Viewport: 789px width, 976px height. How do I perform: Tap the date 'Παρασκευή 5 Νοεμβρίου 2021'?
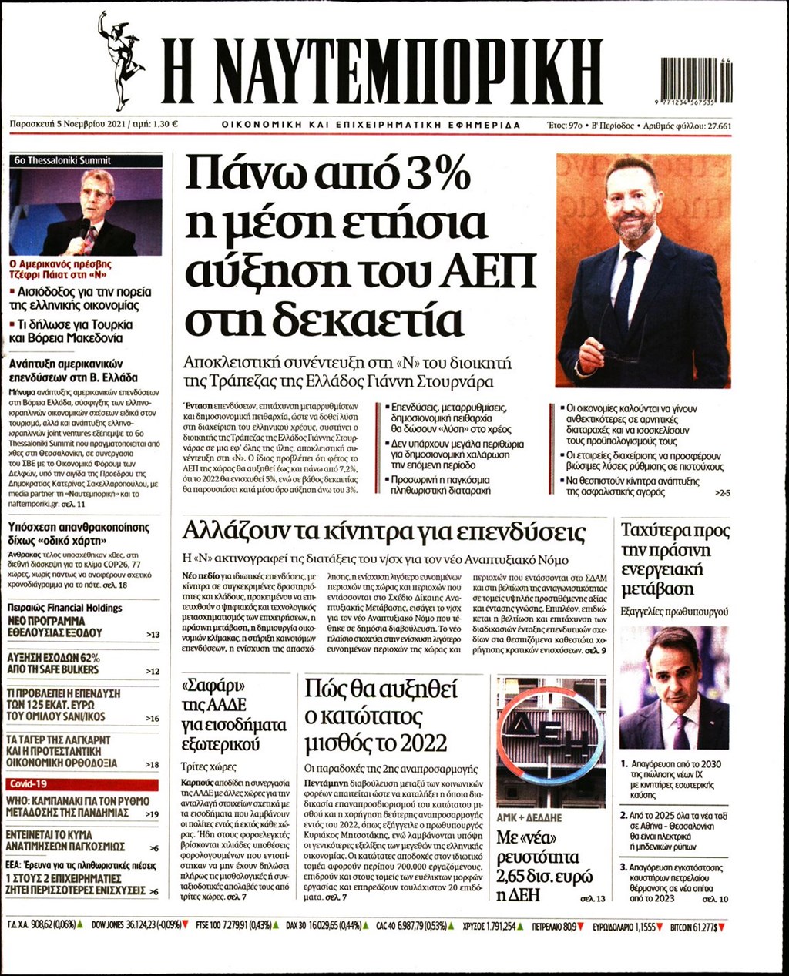coord(68,125)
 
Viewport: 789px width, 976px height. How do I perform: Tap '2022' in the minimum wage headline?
coord(422,743)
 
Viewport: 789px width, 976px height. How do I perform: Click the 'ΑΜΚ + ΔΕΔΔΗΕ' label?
coord(529,817)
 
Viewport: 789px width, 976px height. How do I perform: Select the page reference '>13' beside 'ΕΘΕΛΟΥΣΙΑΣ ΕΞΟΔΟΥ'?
coord(153,634)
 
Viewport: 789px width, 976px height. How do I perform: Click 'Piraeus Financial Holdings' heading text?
coord(65,608)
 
